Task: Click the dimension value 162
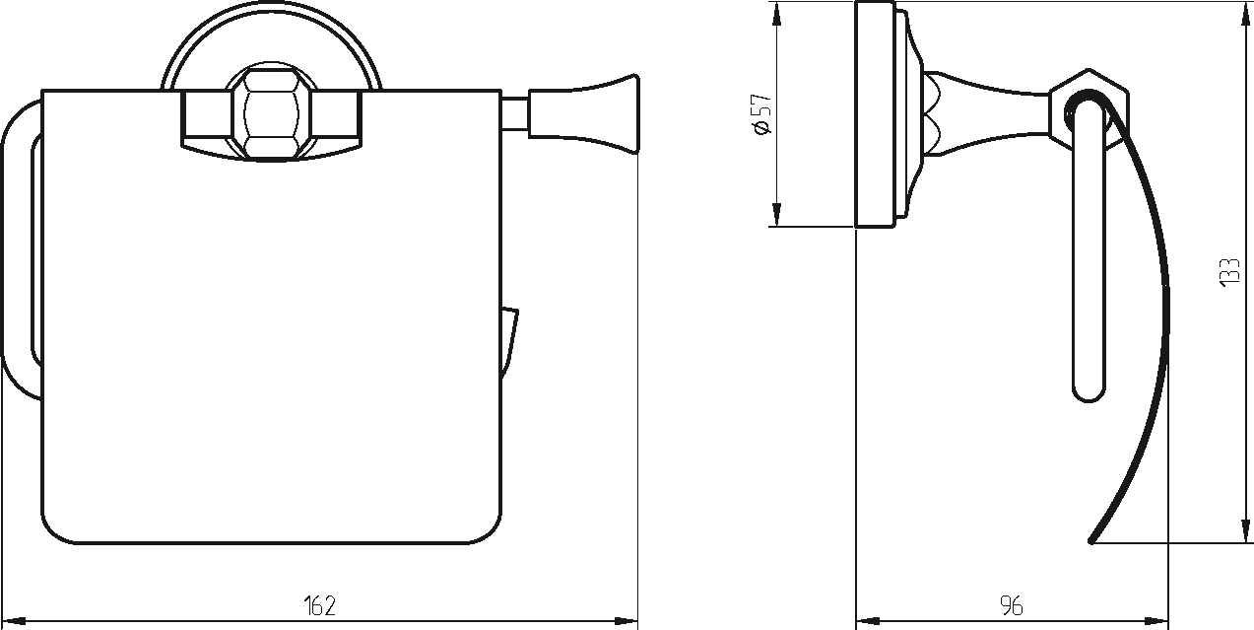point(320,606)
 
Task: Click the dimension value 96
point(1012,606)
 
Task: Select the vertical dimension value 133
point(1229,273)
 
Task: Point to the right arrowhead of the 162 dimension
point(626,621)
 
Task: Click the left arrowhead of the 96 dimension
point(868,621)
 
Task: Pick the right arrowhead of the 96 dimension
point(1156,621)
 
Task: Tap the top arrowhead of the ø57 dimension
point(776,14)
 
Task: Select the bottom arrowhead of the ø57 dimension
point(776,215)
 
